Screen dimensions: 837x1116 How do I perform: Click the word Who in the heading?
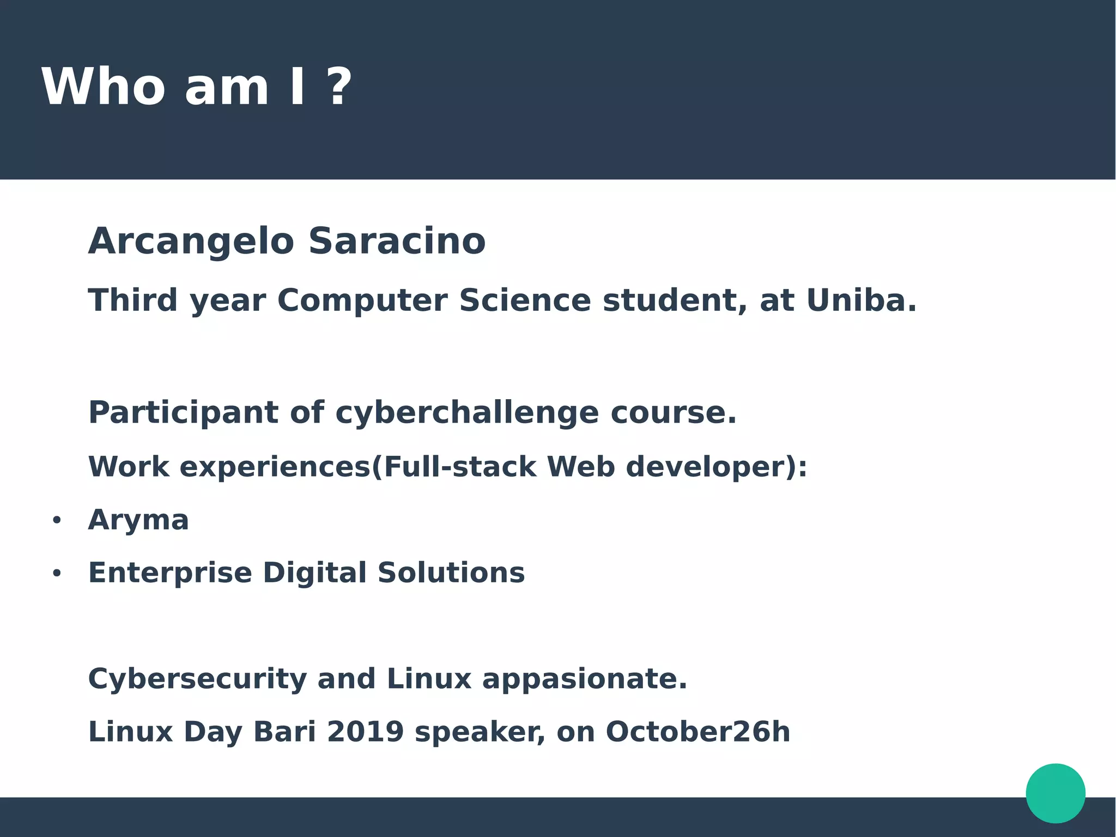coord(102,87)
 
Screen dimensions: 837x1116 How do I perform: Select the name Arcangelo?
coord(191,241)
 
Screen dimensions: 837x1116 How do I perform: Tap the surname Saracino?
coord(397,241)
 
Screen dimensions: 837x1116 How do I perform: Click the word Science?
coord(524,300)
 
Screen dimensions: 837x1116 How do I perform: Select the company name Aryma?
coord(138,520)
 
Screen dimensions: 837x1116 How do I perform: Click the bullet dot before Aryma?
coord(57,521)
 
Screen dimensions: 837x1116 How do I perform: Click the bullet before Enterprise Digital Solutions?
coord(57,574)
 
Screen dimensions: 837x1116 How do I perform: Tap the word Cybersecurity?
coord(197,679)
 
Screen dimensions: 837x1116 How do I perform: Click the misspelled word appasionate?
coord(584,679)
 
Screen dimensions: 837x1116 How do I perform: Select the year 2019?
coord(365,732)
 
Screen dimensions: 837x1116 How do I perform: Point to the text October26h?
coord(697,732)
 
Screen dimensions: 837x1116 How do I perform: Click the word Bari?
coord(284,732)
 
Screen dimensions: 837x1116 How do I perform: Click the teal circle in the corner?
coord(1055,793)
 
